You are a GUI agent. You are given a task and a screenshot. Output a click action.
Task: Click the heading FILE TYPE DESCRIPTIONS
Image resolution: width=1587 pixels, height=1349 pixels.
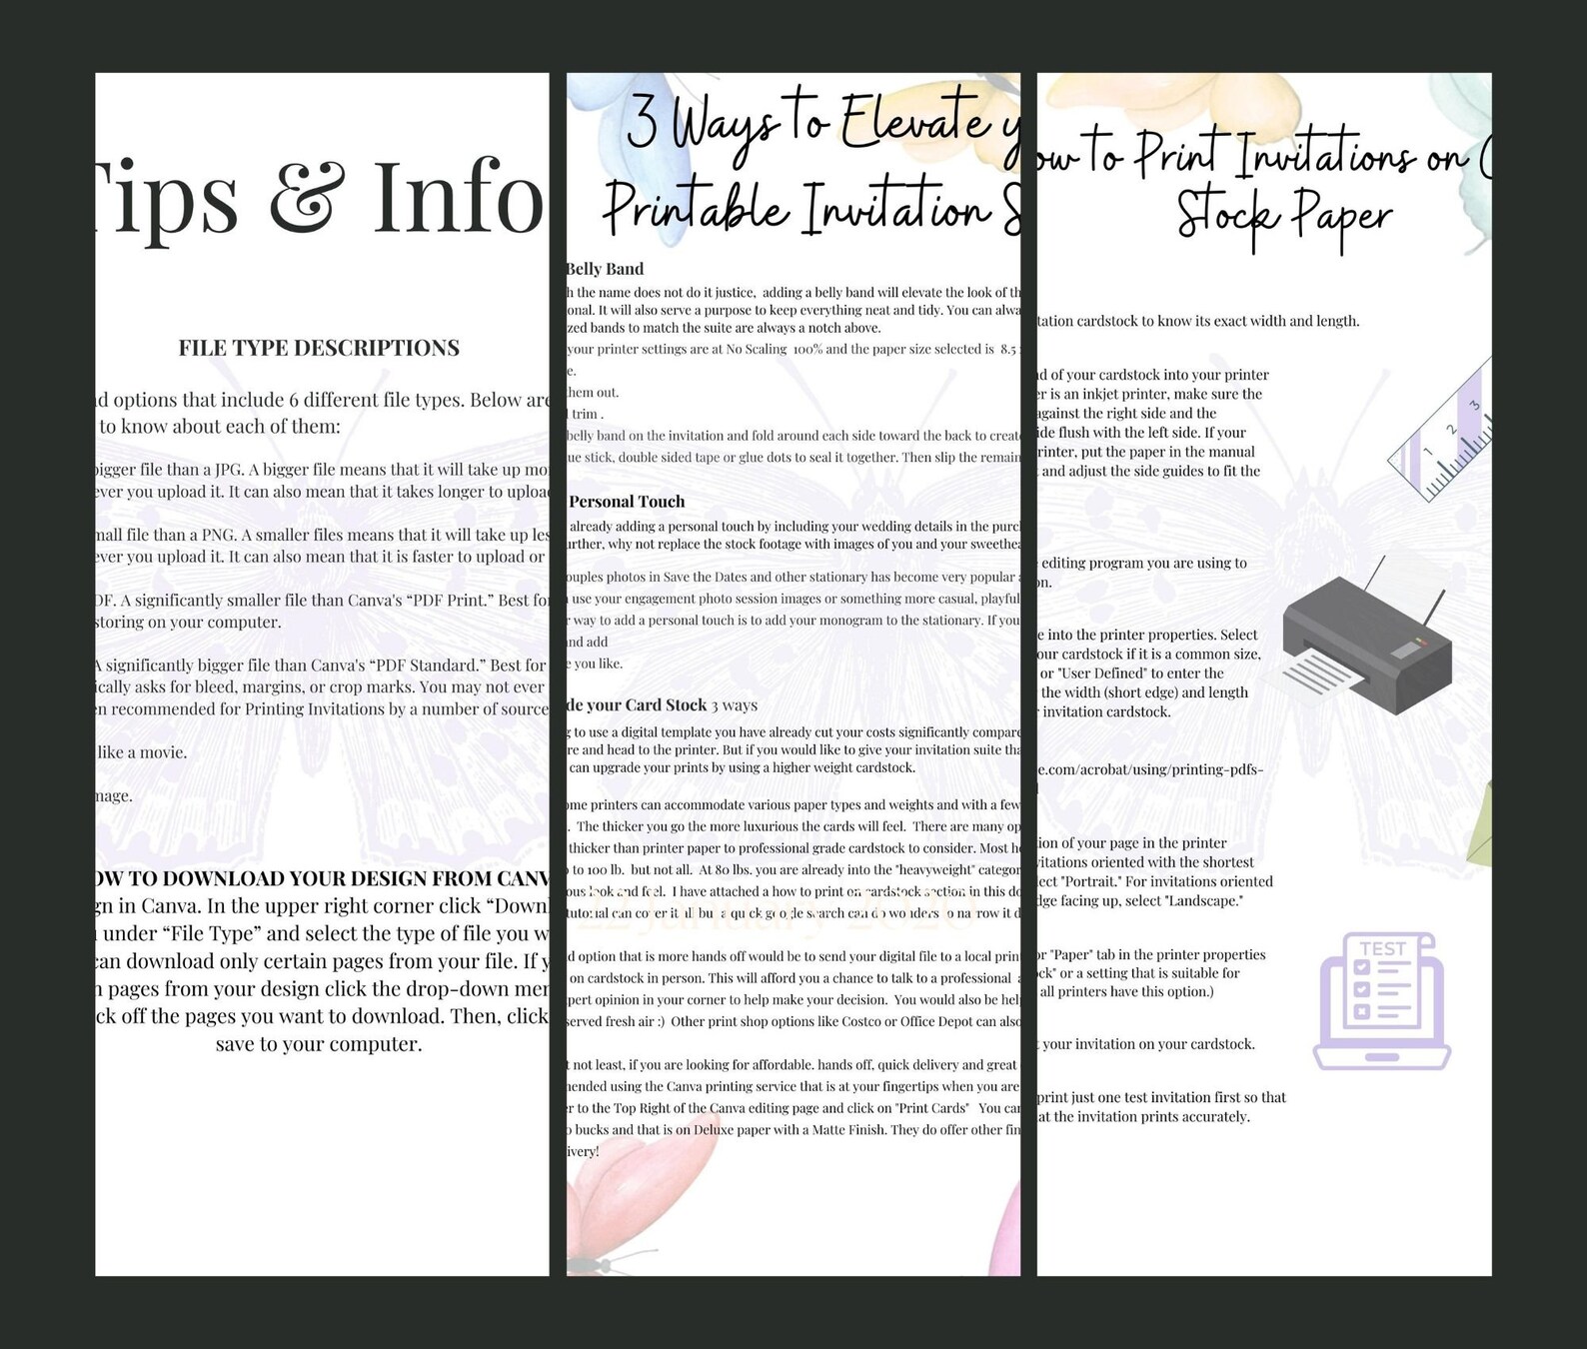tap(319, 348)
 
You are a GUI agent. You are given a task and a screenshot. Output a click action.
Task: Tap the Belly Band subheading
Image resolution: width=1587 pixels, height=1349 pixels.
tap(606, 269)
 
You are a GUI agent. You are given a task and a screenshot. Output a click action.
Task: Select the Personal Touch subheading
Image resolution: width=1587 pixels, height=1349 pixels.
tap(627, 502)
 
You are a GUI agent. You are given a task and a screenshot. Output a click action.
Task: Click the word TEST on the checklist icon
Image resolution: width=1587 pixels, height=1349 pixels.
tap(1382, 948)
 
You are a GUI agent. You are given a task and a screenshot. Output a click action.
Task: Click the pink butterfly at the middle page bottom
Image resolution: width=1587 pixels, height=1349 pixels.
tap(640, 1179)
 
